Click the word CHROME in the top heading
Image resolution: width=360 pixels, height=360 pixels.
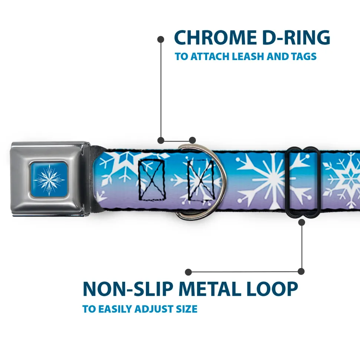point(215,38)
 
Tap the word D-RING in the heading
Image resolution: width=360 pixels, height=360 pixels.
point(296,38)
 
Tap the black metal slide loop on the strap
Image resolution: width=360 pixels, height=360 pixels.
point(302,182)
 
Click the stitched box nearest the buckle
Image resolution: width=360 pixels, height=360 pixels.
point(152,180)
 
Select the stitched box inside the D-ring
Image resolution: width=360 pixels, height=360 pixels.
point(201,180)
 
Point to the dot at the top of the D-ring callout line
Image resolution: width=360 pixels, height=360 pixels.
point(161,40)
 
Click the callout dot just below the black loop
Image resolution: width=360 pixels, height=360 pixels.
point(301,222)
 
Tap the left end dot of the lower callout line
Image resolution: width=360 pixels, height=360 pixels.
point(188,272)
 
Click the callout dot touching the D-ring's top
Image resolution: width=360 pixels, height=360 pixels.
point(192,140)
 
